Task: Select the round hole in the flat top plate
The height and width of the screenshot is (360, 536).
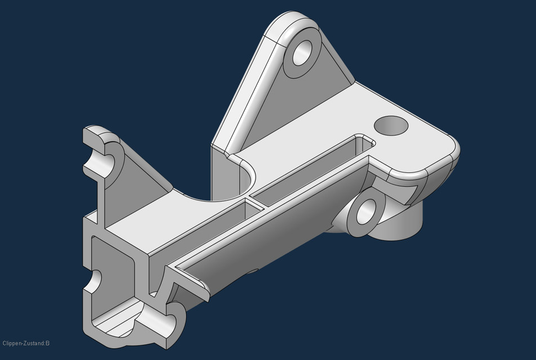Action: click(390, 125)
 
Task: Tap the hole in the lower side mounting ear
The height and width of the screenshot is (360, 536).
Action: click(367, 213)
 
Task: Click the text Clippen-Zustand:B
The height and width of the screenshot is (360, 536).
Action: click(26, 343)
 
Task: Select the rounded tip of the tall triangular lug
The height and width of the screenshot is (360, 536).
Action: click(293, 22)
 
